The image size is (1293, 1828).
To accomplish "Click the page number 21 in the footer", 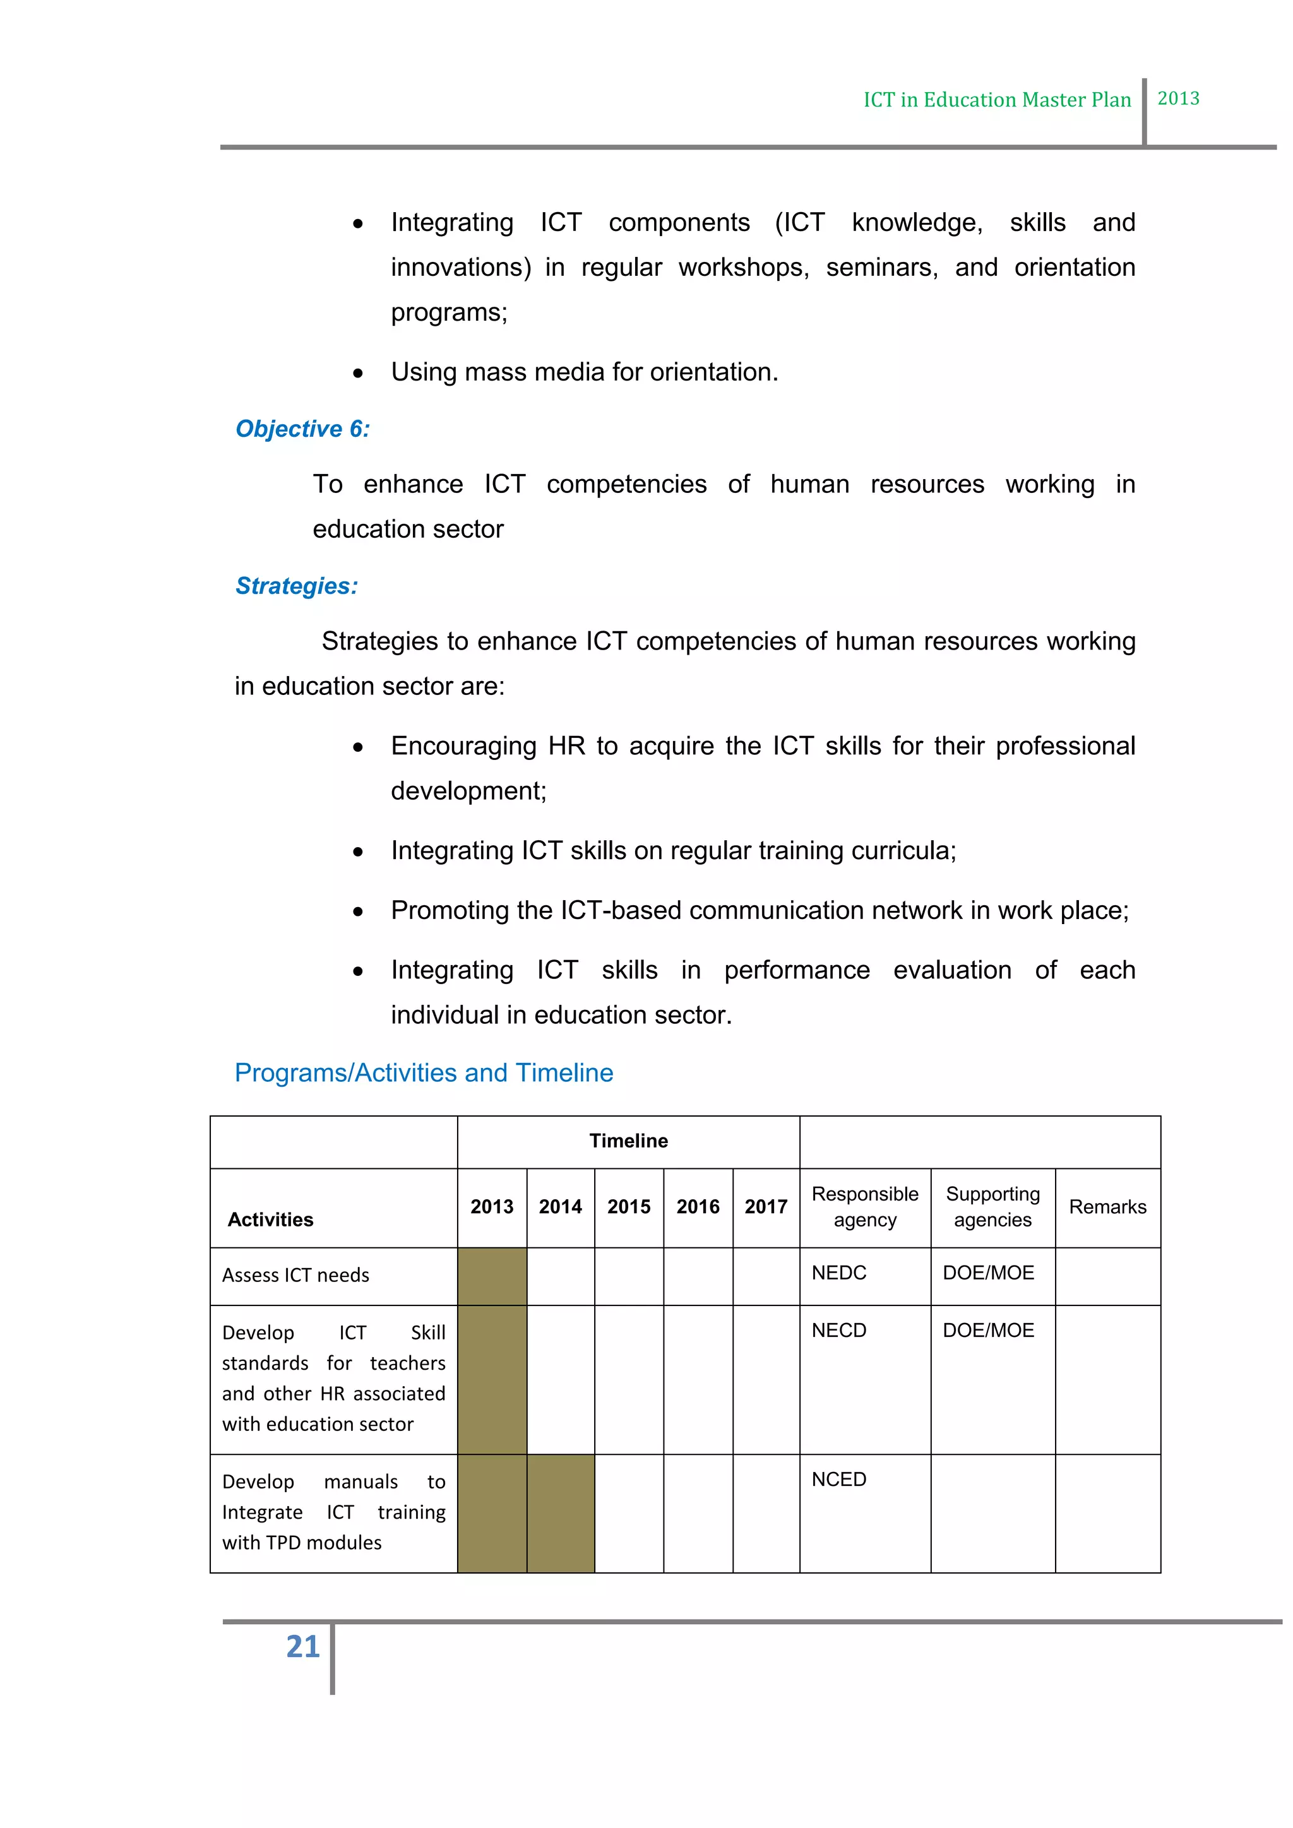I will (x=302, y=1646).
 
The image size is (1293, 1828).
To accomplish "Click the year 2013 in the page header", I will (x=1177, y=98).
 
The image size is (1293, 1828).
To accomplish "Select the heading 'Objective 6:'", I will (x=302, y=429).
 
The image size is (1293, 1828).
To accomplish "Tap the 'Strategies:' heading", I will (x=296, y=585).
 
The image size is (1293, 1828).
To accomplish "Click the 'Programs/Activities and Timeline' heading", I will (x=424, y=1072).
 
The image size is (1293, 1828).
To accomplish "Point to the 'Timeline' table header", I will (x=628, y=1140).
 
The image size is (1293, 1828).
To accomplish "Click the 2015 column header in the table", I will (x=628, y=1206).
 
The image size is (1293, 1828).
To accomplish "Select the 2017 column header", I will (x=766, y=1206).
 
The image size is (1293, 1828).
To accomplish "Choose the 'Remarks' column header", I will (x=1107, y=1206).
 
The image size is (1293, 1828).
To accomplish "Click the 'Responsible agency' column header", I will (x=865, y=1206).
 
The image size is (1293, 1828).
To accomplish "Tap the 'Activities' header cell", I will (x=271, y=1219).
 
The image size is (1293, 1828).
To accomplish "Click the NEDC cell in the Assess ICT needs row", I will (x=838, y=1273).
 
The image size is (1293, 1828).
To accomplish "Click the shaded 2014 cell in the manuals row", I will (x=561, y=1513).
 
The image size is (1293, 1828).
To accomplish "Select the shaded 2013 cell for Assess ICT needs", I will (x=491, y=1276).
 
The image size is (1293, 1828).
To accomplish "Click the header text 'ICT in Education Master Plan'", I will (x=997, y=100).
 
